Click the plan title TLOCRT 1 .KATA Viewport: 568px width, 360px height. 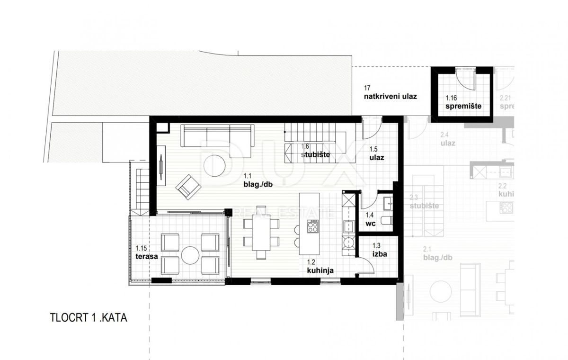click(89, 317)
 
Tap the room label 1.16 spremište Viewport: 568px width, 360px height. click(463, 103)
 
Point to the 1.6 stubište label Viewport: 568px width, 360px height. click(312, 151)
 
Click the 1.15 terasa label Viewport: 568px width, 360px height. click(144, 252)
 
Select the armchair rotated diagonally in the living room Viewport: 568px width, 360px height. click(188, 186)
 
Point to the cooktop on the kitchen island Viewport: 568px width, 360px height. click(313, 226)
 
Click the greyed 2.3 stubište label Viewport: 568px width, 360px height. click(424, 202)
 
